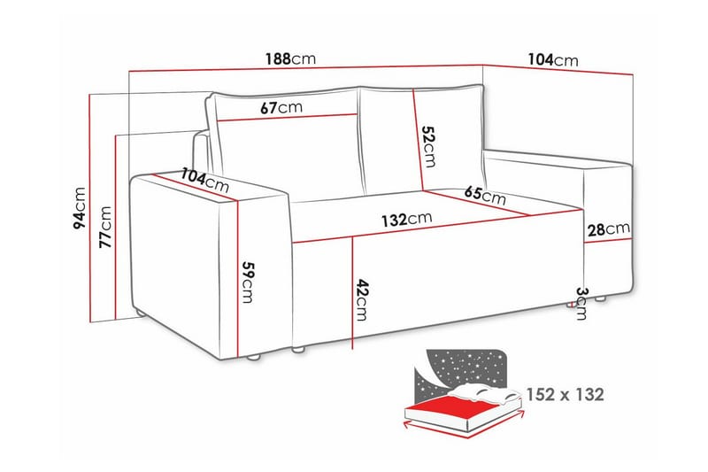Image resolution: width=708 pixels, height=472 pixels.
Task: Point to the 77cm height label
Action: (x=105, y=228)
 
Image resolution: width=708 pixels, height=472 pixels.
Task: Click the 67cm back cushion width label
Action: (x=281, y=107)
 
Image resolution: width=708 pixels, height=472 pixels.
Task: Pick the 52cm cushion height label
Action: (x=428, y=146)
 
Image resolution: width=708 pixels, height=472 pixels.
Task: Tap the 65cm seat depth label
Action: (x=485, y=196)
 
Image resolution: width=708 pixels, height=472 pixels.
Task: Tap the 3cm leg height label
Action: (x=581, y=303)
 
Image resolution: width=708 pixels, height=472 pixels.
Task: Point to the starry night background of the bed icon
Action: (x=465, y=366)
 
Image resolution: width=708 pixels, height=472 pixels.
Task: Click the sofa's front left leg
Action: (x=254, y=357)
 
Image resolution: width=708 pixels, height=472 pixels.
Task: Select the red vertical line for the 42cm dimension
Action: (x=353, y=292)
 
